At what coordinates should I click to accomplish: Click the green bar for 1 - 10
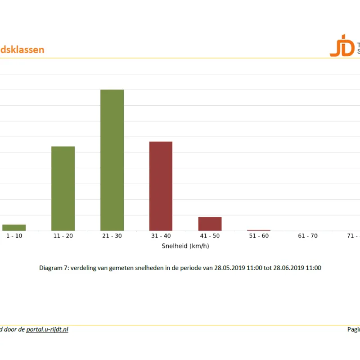click(x=14, y=228)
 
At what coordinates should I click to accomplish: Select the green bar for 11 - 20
click(x=63, y=189)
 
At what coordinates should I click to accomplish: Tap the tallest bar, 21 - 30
click(x=112, y=160)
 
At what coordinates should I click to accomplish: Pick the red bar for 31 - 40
click(x=161, y=186)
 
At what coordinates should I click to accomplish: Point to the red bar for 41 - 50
click(x=210, y=224)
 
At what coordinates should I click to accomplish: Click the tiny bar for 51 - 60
click(x=259, y=230)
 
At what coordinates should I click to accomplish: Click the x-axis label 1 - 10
click(x=14, y=236)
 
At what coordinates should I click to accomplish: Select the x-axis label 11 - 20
click(x=63, y=236)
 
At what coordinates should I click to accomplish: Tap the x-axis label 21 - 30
click(x=112, y=236)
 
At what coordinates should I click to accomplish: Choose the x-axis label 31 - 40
click(x=161, y=236)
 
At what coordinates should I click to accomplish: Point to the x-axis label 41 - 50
click(x=210, y=236)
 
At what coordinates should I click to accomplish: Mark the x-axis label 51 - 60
click(x=259, y=236)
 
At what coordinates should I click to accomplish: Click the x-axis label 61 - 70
click(x=308, y=236)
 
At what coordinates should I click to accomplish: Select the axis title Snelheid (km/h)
click(x=185, y=246)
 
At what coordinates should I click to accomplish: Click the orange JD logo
click(x=342, y=45)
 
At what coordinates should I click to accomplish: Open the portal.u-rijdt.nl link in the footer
click(x=47, y=329)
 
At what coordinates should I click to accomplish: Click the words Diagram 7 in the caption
click(x=53, y=268)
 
